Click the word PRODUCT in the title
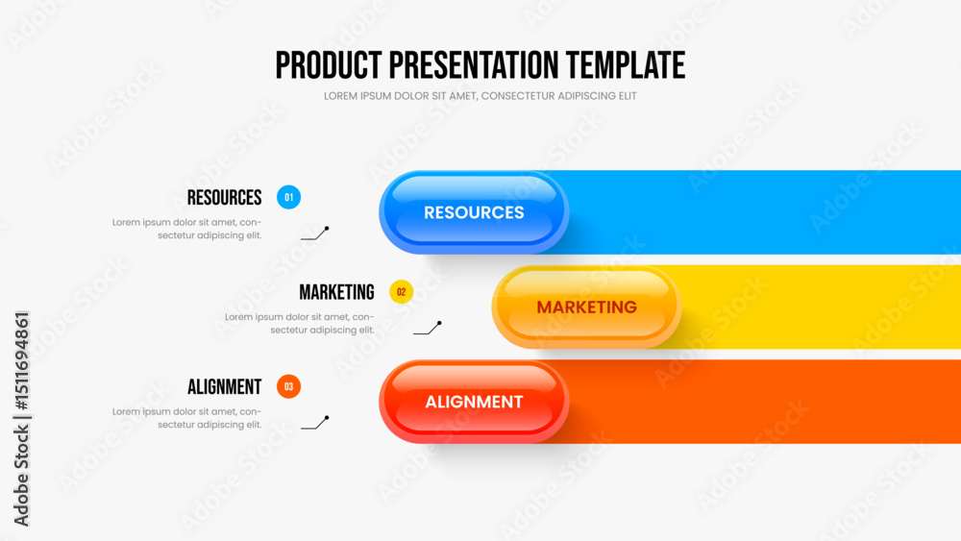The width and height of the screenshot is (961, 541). coord(329,65)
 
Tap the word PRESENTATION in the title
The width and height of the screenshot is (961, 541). coord(474,65)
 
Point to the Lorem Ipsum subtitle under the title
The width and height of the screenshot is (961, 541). coord(480,95)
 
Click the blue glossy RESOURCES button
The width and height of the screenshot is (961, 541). coord(474,212)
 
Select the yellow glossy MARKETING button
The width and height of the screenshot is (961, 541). coord(586,307)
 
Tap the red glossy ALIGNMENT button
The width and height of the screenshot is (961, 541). coord(474,402)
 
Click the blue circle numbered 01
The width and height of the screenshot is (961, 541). coord(288,197)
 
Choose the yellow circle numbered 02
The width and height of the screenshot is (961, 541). coord(402,291)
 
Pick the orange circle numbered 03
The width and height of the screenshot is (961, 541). coord(288,386)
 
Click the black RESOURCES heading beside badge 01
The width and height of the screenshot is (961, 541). coord(224,197)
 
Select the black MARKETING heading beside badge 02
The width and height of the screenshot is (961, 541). coord(336,292)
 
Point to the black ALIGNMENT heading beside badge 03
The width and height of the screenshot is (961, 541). coord(224,386)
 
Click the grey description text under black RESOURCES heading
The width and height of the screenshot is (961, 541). coord(187,229)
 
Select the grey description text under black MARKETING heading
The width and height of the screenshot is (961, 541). coord(299,323)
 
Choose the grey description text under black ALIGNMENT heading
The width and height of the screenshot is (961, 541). coord(187,418)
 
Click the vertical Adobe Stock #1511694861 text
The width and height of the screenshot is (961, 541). coord(21,419)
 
